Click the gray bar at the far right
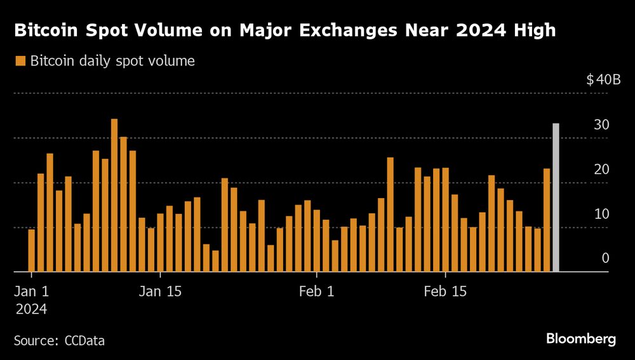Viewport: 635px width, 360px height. click(x=556, y=197)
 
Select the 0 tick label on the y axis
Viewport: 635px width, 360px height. click(x=605, y=258)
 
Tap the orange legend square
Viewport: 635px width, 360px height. click(x=20, y=61)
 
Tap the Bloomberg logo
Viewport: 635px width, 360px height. click(x=581, y=339)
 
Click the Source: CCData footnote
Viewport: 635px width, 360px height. click(x=59, y=340)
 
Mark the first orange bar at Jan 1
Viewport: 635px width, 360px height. click(x=32, y=250)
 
